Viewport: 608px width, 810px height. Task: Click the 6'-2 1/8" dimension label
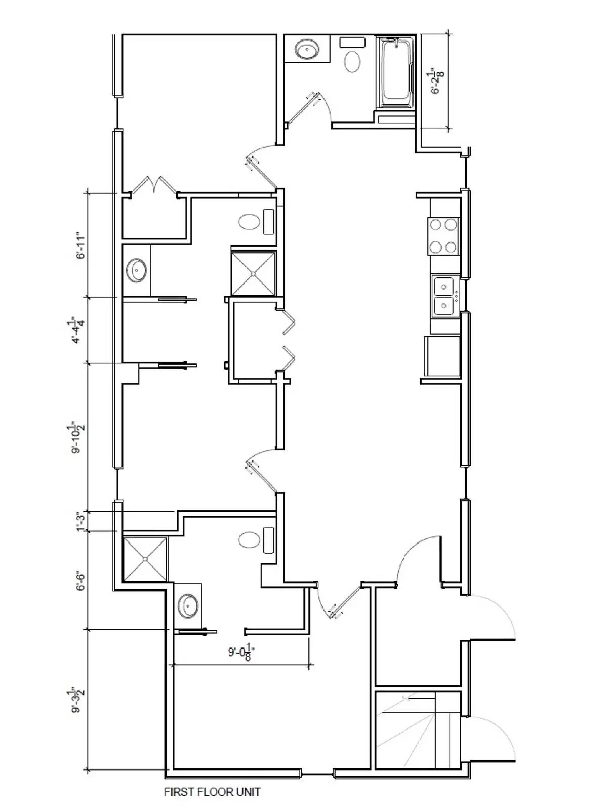point(439,81)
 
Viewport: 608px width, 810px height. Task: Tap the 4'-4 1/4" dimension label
point(79,330)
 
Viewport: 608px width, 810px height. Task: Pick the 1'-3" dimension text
point(81,521)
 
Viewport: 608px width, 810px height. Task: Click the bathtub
point(396,73)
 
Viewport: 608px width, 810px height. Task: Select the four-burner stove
point(443,236)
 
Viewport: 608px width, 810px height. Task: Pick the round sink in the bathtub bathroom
point(307,49)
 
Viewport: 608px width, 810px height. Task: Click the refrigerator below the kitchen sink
point(443,356)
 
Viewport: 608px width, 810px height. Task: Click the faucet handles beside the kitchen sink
point(456,295)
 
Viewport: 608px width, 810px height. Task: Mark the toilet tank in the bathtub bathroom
point(352,42)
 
